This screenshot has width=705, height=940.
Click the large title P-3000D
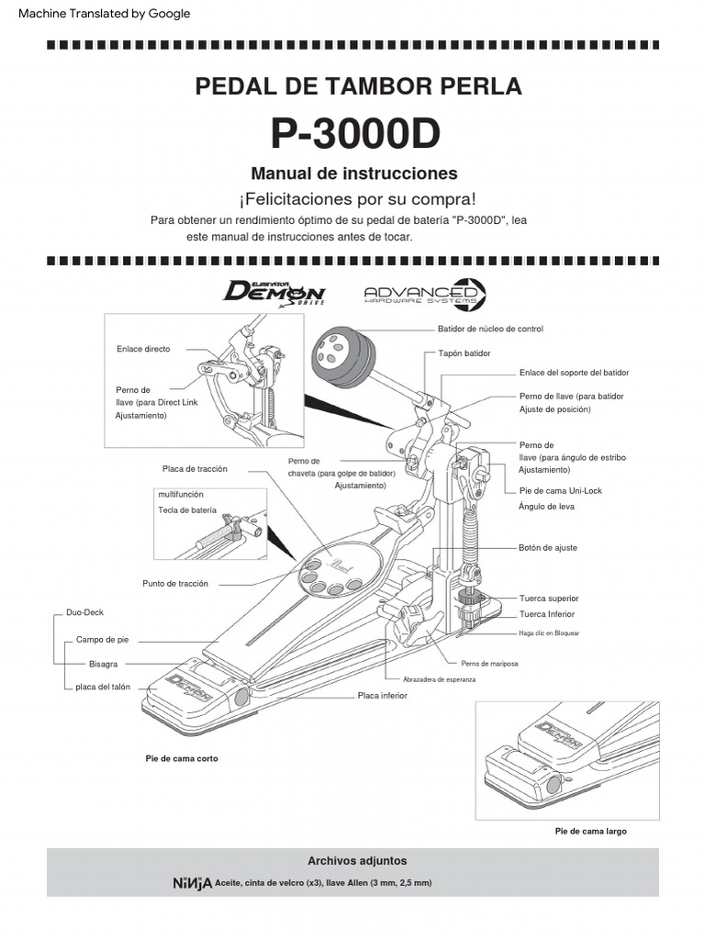[354, 134]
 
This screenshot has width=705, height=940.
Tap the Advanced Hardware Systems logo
[425, 294]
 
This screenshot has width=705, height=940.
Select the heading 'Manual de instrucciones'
[354, 173]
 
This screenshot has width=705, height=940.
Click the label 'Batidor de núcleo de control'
[490, 329]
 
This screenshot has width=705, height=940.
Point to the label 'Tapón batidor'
[464, 352]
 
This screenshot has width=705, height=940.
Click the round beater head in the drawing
[339, 355]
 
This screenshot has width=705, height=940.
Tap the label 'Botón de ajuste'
[548, 547]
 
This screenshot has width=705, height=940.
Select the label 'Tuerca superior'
[549, 598]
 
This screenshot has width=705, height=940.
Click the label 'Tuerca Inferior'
[547, 614]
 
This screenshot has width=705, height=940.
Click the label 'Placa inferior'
[382, 696]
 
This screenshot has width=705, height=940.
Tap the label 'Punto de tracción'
[175, 583]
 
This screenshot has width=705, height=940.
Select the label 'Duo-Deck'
[84, 610]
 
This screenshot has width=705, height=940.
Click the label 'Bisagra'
[104, 663]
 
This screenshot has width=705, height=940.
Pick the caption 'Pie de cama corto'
[182, 759]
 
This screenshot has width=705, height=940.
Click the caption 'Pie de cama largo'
[591, 831]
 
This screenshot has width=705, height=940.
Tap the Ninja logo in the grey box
[192, 883]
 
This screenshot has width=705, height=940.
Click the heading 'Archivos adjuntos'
[357, 861]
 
